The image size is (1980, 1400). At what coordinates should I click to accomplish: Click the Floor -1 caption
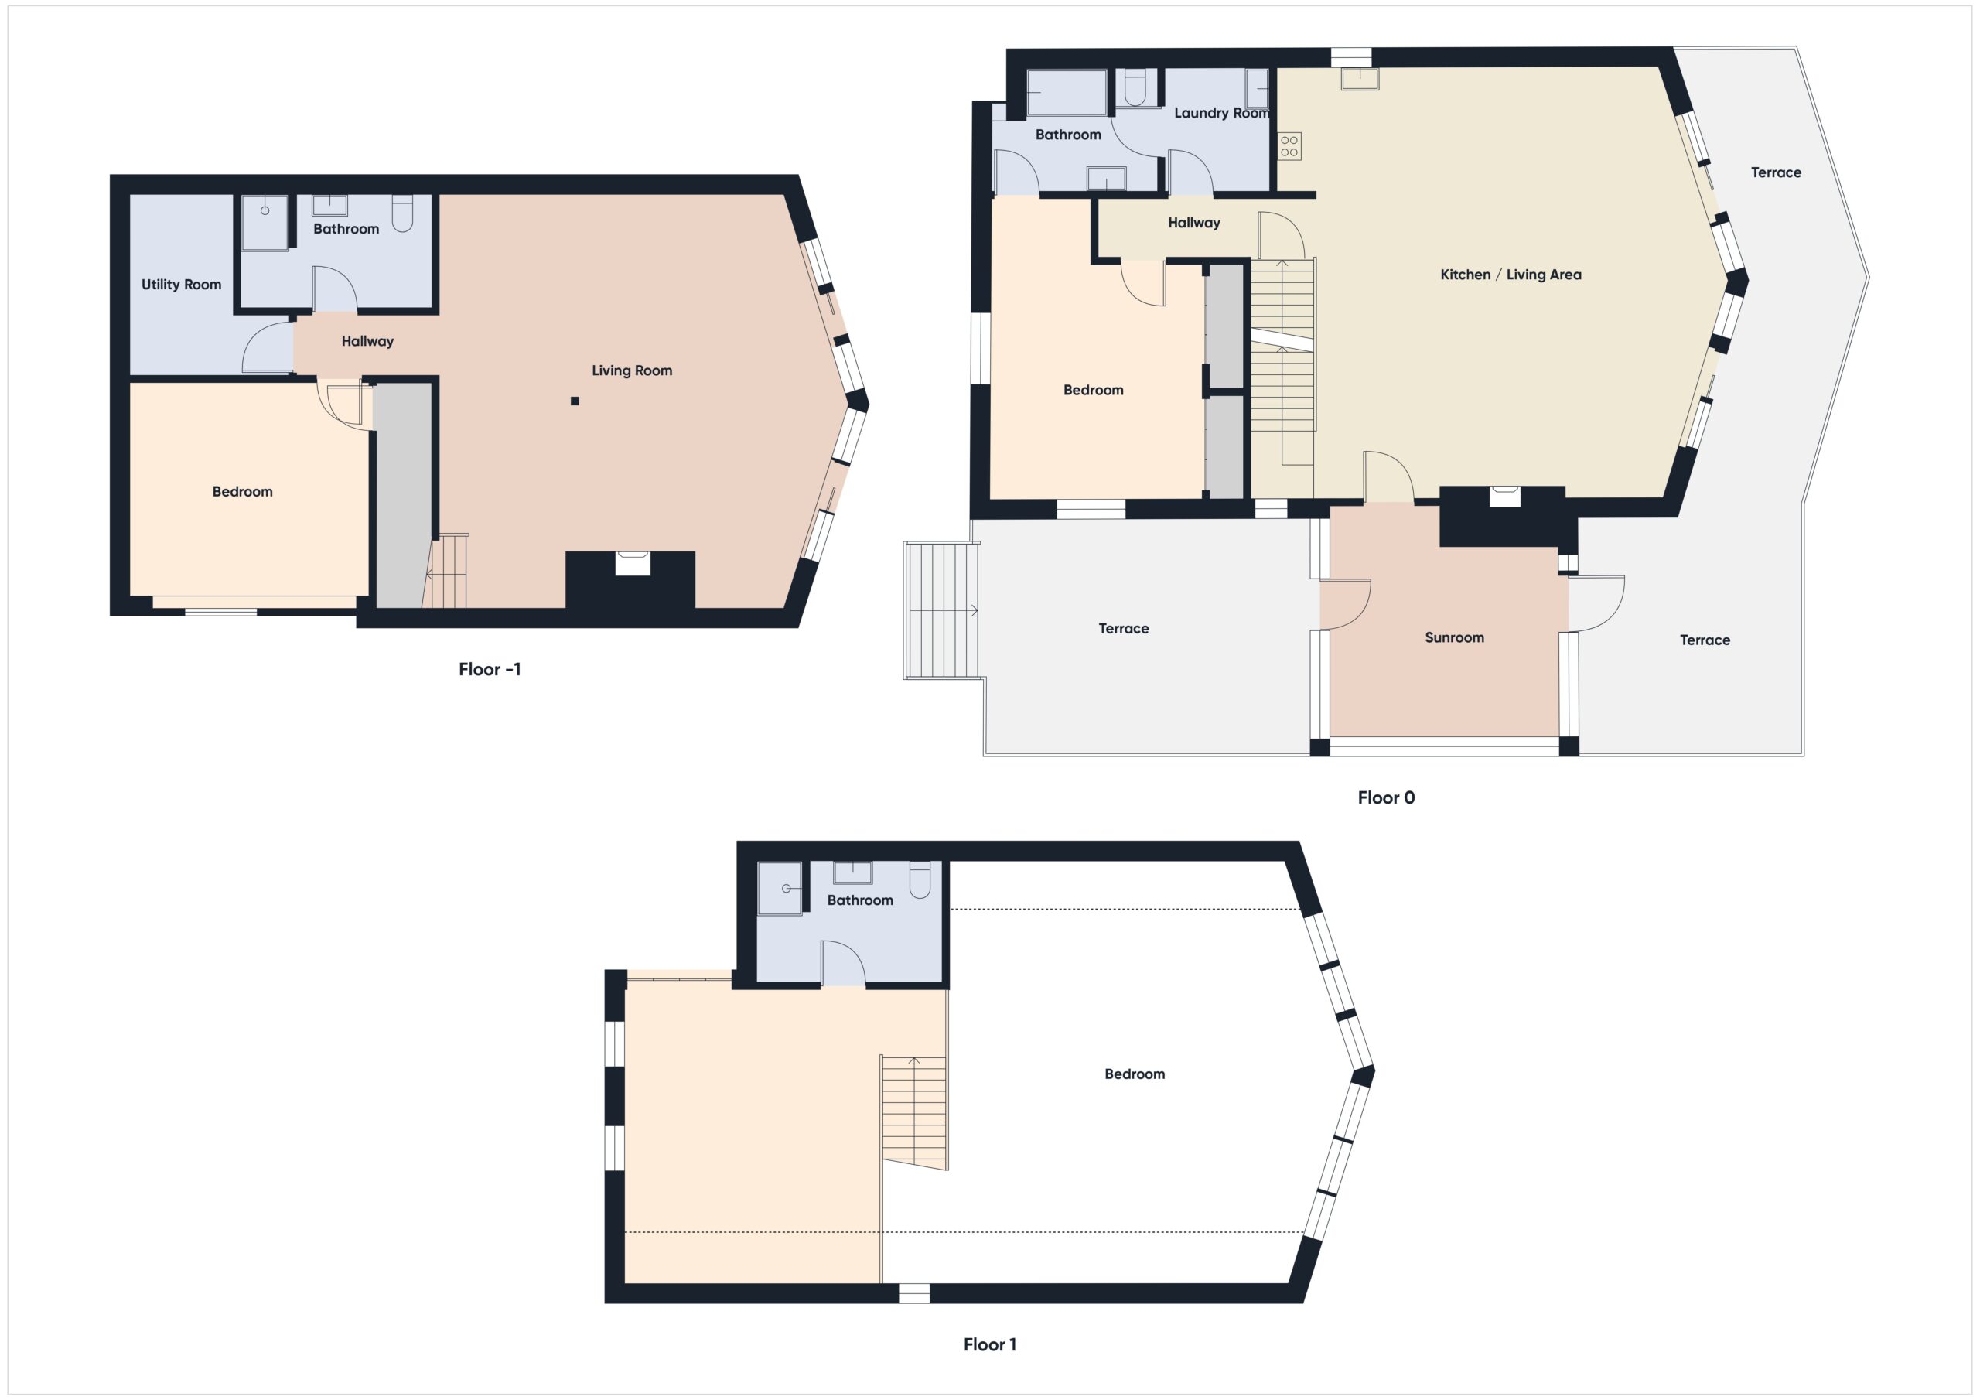[x=489, y=669]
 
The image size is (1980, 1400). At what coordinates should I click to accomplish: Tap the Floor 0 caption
[x=1386, y=798]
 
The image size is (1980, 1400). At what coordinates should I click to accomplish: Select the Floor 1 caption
[x=989, y=1344]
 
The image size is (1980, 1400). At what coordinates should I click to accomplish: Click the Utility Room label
[x=181, y=285]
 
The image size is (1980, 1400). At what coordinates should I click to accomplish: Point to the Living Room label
[x=631, y=371]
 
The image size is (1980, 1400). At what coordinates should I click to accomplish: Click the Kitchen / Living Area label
[x=1510, y=275]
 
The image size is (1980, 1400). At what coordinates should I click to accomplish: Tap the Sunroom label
[x=1454, y=638]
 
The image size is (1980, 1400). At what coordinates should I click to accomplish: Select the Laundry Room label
[x=1221, y=113]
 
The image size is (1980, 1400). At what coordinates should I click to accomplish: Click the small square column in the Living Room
[x=575, y=401]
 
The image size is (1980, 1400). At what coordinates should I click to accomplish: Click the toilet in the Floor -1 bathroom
[x=403, y=214]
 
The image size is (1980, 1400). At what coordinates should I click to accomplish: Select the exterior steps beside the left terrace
[x=942, y=610]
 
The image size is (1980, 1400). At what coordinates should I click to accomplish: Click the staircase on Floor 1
[x=914, y=1113]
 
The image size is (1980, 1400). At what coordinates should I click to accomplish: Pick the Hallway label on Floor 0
[x=1193, y=224]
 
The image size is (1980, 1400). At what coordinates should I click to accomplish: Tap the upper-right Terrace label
[x=1776, y=173]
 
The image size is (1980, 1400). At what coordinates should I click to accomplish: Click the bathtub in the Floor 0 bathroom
[x=1066, y=92]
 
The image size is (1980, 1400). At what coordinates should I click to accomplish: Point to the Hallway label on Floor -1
[x=367, y=342]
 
